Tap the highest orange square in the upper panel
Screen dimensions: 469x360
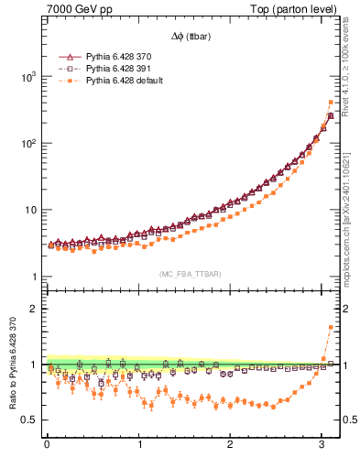(331, 102)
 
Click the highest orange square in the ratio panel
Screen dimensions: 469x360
(331, 327)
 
